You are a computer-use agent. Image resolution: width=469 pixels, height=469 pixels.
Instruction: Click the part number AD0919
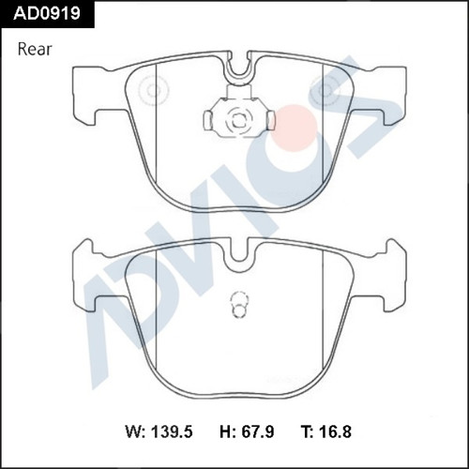point(47,13)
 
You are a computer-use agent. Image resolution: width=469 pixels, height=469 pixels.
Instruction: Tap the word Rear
point(35,50)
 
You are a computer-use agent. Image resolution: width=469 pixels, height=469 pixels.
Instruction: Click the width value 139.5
point(172,431)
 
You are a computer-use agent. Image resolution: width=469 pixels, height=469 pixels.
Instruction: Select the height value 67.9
point(258,431)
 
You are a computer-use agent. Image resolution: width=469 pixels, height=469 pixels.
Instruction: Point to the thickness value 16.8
point(335,431)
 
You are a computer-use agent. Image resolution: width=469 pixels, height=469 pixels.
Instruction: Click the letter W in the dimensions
point(134,431)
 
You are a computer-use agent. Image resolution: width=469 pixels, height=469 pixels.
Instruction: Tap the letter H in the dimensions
point(226,431)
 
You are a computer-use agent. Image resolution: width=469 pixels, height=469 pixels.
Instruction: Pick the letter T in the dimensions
point(307,431)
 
